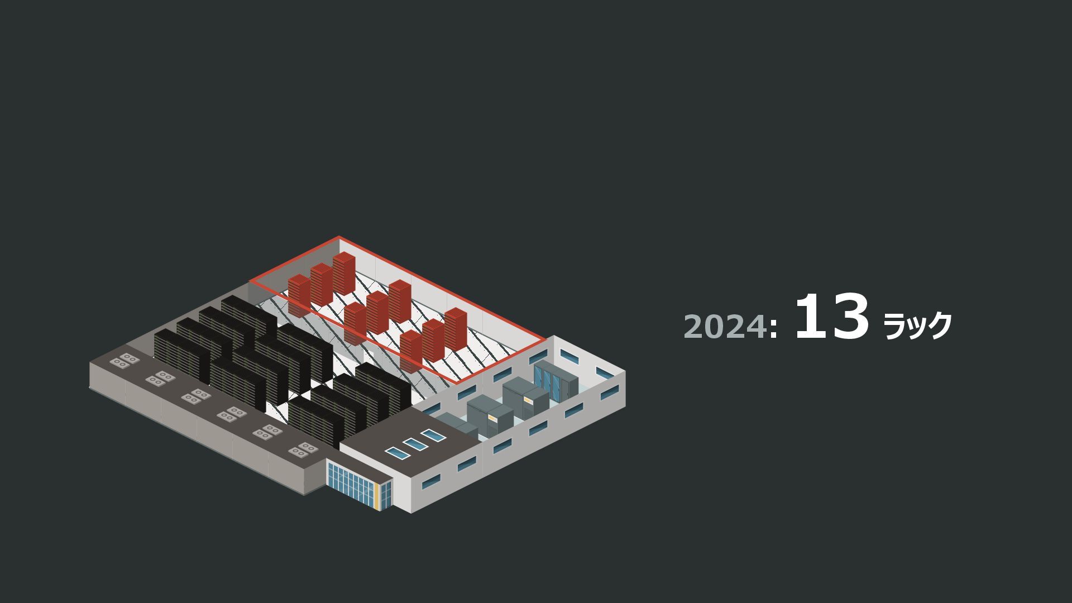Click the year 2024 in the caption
(x=725, y=326)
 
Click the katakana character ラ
(x=894, y=326)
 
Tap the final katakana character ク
(x=937, y=326)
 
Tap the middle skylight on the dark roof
(x=414, y=444)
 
